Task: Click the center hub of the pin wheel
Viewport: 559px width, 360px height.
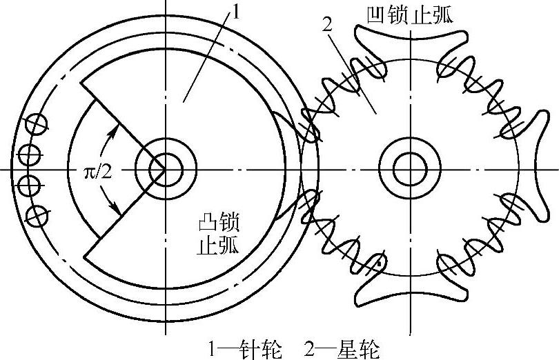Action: click(165, 169)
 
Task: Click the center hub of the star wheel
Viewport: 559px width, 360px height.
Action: click(411, 169)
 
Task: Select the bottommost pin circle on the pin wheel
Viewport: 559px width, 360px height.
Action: click(35, 214)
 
